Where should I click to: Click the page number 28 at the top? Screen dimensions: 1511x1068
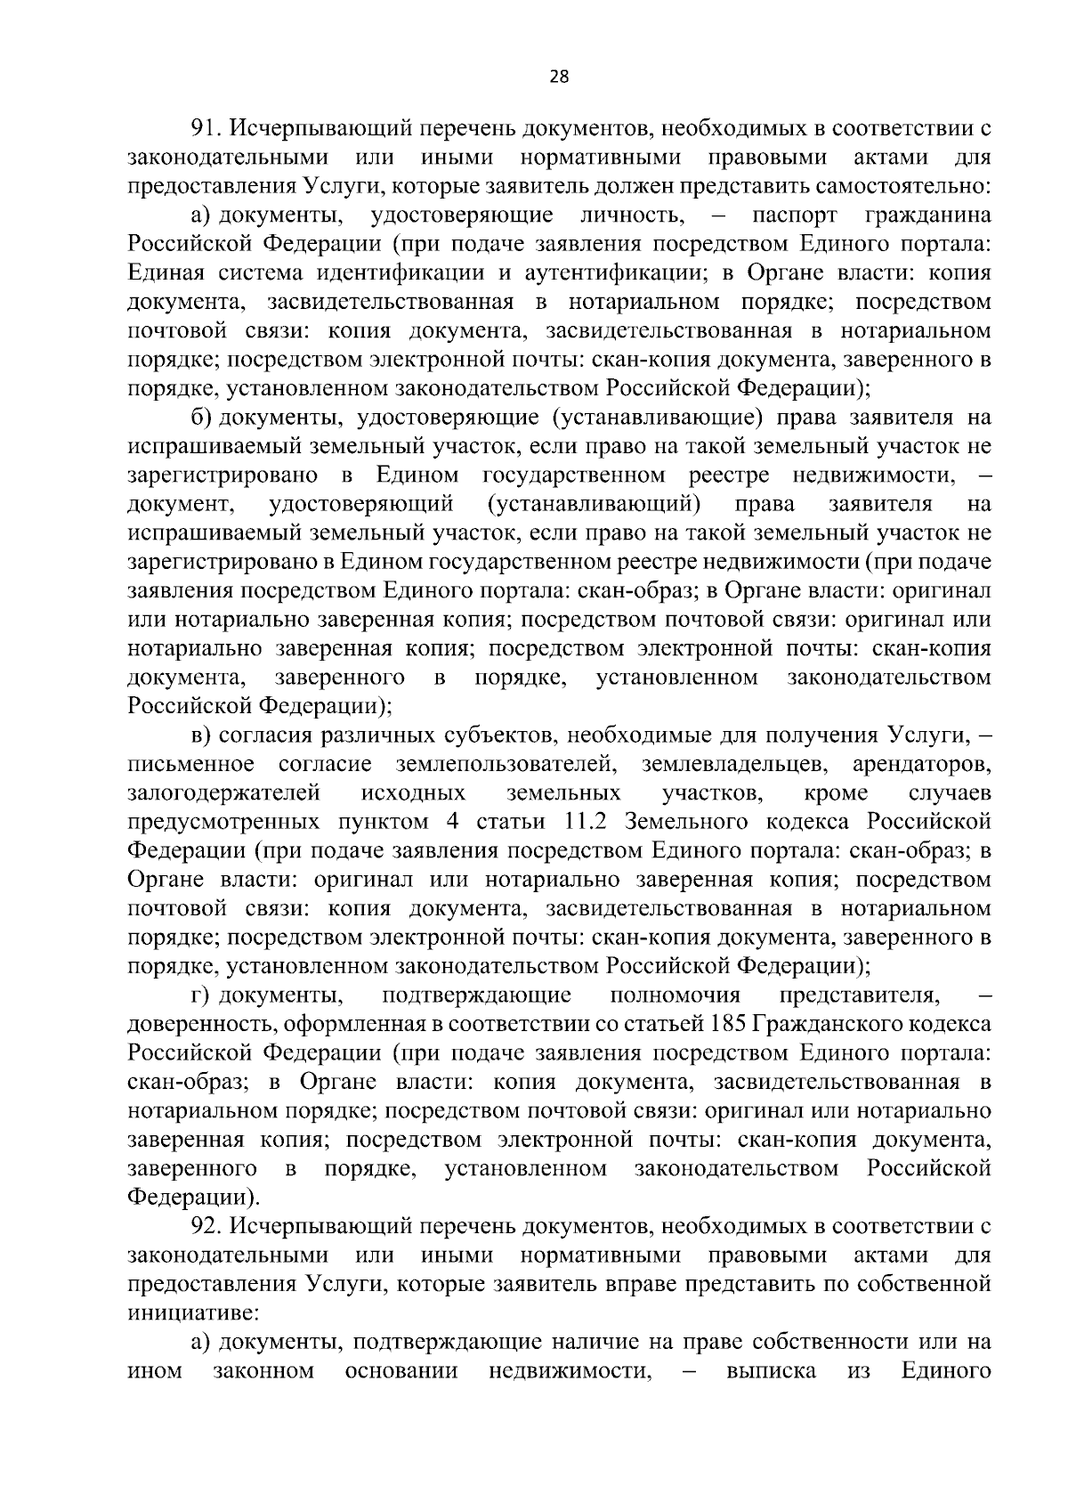[x=559, y=77]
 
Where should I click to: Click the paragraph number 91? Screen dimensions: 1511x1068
[x=206, y=129]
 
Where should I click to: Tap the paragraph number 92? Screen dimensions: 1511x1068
[x=206, y=1226]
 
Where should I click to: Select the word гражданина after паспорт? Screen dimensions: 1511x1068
[x=928, y=215]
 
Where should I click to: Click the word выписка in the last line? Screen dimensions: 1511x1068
[x=771, y=1370]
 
